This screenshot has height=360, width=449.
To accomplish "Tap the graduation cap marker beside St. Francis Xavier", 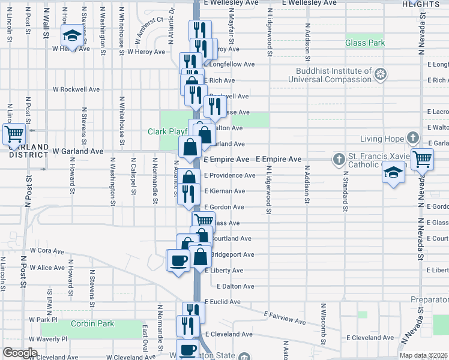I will (394, 173).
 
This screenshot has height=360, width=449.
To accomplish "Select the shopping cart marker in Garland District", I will (14, 134).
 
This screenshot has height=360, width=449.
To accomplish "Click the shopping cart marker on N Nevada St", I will (423, 160).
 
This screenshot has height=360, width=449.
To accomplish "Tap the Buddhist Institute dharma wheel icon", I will (380, 75).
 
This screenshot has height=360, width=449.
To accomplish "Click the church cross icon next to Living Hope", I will (412, 139).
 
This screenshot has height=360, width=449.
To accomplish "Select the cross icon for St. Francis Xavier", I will (339, 159).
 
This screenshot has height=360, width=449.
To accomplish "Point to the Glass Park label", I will (365, 43).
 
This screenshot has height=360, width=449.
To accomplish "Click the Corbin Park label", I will (92, 324).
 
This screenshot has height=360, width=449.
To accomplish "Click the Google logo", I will (20, 353).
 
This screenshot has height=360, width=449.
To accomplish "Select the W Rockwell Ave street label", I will (76, 89).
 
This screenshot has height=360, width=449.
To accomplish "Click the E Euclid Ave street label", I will (223, 302).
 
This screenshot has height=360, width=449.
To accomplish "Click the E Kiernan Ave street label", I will (224, 191).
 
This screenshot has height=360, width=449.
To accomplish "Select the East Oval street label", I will (145, 340).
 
